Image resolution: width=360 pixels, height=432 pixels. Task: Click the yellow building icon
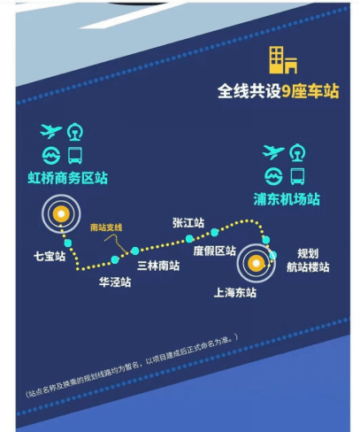[283, 60]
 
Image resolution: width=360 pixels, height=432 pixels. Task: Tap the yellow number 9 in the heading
[287, 91]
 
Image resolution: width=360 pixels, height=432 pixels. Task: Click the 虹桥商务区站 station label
[68, 178]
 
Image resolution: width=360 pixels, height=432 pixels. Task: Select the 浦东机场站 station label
[287, 199]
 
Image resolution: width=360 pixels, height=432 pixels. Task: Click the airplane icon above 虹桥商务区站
[50, 131]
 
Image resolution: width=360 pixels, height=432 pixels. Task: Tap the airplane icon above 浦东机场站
[273, 152]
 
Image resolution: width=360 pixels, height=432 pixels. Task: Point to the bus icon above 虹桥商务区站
[75, 155]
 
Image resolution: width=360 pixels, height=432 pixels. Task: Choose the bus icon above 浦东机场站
[297, 176]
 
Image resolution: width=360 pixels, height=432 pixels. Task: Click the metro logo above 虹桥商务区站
[51, 156]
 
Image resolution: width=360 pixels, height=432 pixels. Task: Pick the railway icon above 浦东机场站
[297, 152]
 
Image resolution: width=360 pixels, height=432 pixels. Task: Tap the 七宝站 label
[50, 256]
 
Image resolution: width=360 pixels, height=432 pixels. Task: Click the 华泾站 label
[115, 282]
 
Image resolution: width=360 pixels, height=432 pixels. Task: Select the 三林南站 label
[158, 266]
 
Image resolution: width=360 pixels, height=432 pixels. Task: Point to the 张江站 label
[188, 223]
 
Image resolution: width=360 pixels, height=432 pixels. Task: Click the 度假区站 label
[215, 251]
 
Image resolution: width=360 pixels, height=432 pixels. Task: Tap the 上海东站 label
[235, 293]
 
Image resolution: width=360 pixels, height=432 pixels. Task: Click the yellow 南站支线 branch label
[106, 228]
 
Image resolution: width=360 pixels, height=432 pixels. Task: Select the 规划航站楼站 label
[308, 260]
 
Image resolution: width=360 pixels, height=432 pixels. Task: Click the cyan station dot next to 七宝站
[68, 243]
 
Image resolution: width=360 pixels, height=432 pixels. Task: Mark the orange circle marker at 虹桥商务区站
[61, 214]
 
